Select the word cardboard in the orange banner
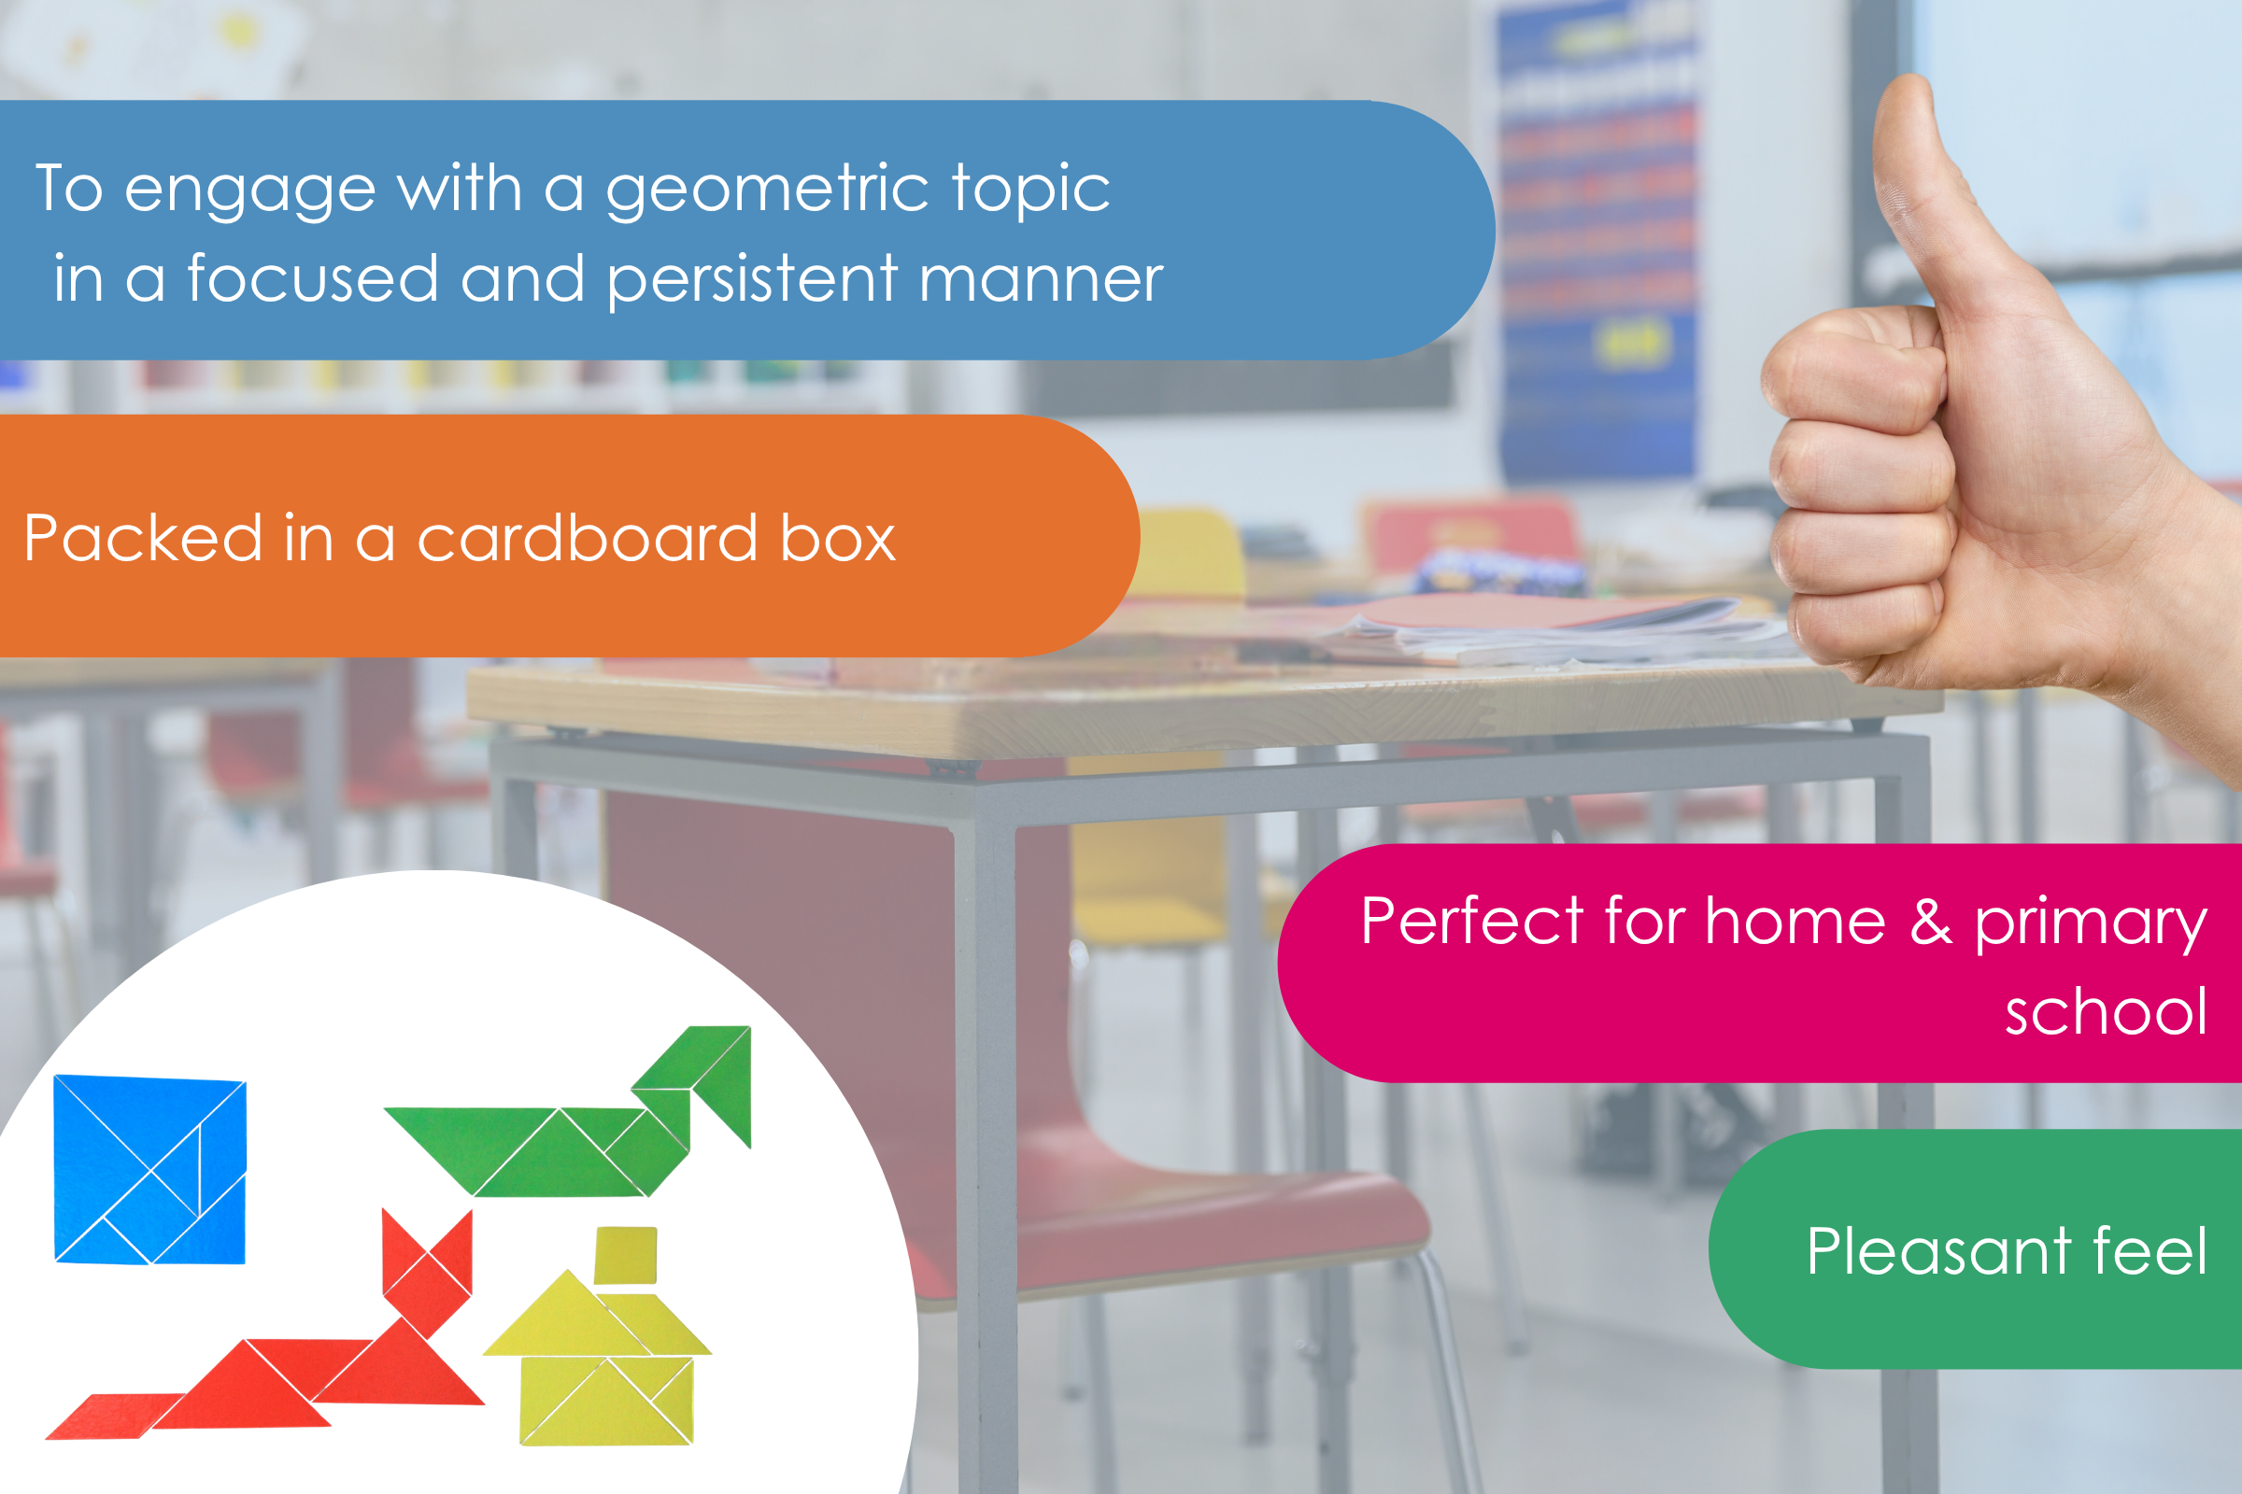click(x=589, y=539)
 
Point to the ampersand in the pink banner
click(x=1931, y=922)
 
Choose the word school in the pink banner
click(x=2107, y=1012)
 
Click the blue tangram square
click(x=150, y=1170)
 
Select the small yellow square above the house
click(x=625, y=1255)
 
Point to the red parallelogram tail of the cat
click(x=115, y=1416)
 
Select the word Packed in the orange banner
click(x=143, y=539)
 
